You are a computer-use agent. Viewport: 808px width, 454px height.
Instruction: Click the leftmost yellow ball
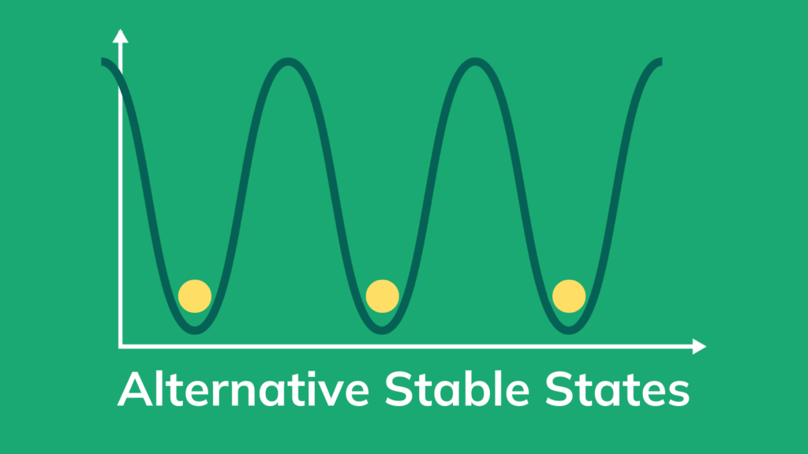tap(195, 296)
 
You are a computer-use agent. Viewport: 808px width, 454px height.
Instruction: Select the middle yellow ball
tap(383, 296)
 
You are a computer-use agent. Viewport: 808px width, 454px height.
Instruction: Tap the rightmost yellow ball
tap(569, 296)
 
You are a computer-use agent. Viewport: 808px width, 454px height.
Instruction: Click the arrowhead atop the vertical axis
tap(120, 35)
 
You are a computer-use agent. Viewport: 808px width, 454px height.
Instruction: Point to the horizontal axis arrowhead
tap(699, 347)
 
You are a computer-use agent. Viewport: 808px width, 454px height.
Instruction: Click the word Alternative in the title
tap(243, 389)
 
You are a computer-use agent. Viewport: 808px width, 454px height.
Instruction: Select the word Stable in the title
tap(457, 389)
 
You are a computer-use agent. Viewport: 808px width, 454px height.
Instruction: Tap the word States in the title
tap(617, 389)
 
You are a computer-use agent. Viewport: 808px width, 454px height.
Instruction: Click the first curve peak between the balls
tap(288, 61)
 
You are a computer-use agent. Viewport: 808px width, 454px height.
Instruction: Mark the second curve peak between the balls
tap(474, 61)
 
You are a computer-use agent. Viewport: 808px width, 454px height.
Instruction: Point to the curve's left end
tap(103, 61)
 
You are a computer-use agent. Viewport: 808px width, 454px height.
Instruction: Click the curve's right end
tap(660, 61)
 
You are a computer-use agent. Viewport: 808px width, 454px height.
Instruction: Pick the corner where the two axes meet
tap(120, 347)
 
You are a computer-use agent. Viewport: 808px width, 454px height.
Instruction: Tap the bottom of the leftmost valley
tap(195, 330)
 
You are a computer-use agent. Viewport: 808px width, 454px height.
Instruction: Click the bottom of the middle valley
tap(382, 330)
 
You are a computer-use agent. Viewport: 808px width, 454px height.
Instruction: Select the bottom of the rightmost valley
tap(568, 330)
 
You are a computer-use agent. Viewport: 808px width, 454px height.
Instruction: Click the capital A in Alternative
tap(136, 389)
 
